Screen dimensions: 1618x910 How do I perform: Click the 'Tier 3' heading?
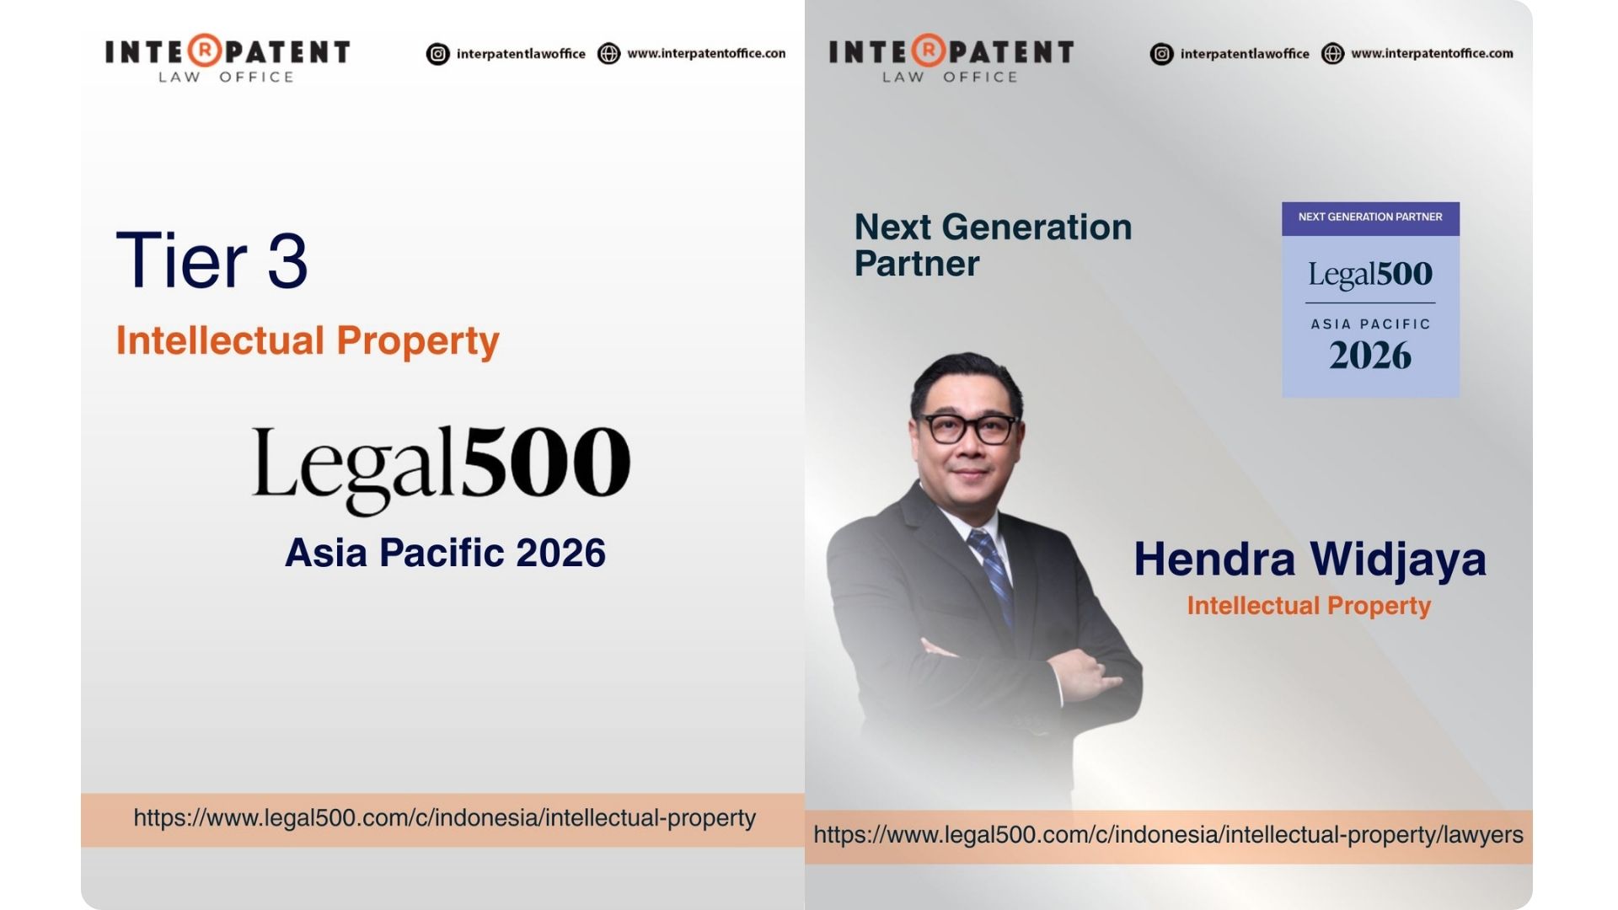point(212,260)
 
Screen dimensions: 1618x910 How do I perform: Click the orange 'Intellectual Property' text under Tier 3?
point(308,340)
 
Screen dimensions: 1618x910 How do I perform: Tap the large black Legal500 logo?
point(441,468)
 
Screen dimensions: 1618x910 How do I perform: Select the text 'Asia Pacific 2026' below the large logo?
point(445,553)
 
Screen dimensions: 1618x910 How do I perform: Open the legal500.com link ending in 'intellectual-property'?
point(444,818)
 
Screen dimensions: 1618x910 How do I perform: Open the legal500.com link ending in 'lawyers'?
point(1168,835)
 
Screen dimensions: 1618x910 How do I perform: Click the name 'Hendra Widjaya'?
point(1310,560)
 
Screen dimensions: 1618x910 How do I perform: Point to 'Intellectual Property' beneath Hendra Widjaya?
point(1309,606)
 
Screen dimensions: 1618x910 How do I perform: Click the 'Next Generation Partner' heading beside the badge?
point(993,245)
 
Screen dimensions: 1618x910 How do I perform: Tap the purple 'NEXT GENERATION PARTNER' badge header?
point(1370,217)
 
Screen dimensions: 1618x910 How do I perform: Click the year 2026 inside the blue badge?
point(1370,356)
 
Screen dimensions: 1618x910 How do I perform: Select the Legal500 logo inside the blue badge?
point(1370,275)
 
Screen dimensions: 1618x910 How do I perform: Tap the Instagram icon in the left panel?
point(438,54)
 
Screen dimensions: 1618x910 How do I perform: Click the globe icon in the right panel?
point(1332,54)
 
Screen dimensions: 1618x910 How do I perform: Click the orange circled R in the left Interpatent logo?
point(204,51)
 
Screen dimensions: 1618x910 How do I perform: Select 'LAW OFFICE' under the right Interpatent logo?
point(951,78)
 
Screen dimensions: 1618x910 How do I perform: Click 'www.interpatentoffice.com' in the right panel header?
point(1432,53)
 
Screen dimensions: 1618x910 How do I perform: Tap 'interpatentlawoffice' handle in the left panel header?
point(521,54)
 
